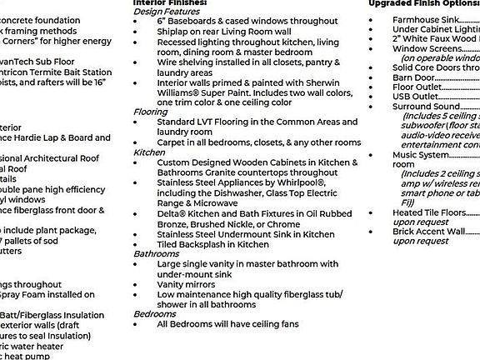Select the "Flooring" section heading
pyautogui.click(x=150, y=112)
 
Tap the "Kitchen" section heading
pyautogui.click(x=149, y=152)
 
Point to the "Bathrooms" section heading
pyautogui.click(x=156, y=253)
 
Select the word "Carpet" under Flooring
pyautogui.click(x=172, y=142)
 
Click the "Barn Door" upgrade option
pyautogui.click(x=413, y=77)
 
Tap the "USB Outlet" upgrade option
pyautogui.click(x=415, y=97)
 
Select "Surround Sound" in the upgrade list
pyautogui.click(x=426, y=107)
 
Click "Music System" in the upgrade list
pyautogui.click(x=421, y=155)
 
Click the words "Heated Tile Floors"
pyautogui.click(x=429, y=212)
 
